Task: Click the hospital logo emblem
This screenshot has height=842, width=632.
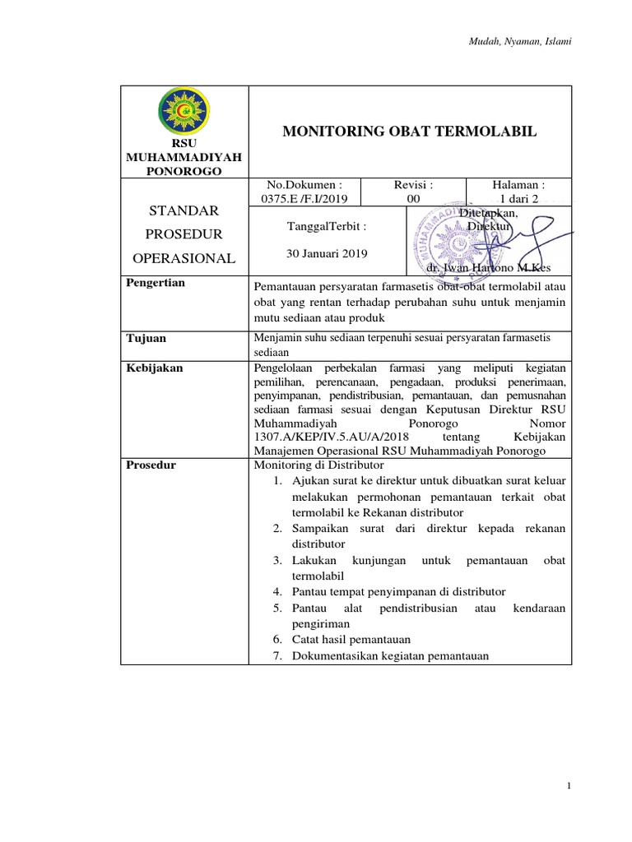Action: (x=184, y=113)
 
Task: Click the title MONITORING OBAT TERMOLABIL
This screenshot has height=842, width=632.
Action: (x=410, y=132)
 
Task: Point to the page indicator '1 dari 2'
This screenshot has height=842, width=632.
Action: (x=518, y=198)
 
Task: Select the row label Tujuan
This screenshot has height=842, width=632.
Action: (x=145, y=338)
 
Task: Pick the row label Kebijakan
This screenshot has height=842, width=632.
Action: (x=154, y=368)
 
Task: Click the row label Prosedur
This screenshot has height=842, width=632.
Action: (x=151, y=465)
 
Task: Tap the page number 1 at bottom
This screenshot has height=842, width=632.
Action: (x=569, y=787)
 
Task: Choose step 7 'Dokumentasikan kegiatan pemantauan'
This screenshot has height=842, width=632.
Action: (x=390, y=655)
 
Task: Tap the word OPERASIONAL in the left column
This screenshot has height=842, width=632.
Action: (x=184, y=258)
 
